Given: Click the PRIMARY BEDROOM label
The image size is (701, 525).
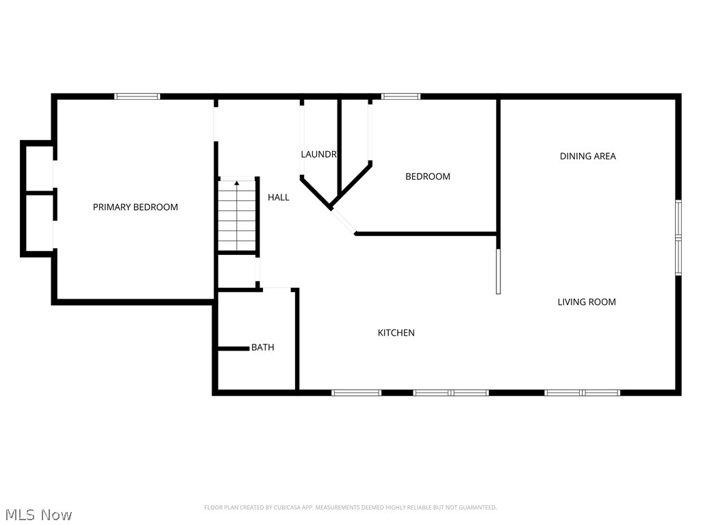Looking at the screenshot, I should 136,207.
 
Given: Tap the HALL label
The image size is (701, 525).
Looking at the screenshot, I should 279,198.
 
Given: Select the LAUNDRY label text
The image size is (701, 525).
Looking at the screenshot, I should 319,154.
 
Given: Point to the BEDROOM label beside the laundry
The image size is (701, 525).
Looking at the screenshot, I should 428,176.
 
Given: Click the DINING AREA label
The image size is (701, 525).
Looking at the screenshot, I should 588,156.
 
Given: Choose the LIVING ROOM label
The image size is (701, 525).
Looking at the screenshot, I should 587,301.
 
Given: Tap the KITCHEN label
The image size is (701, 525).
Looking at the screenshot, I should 396,333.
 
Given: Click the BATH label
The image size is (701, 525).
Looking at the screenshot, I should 263,347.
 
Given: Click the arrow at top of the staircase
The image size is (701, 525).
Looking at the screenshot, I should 237,183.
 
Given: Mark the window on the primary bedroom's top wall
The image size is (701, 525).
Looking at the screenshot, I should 138,96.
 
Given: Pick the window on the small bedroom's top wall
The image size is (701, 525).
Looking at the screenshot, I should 401,96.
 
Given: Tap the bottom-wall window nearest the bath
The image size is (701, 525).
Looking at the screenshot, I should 357,392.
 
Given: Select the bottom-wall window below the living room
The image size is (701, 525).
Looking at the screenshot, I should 583,392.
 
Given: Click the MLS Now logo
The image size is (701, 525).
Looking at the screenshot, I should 38,514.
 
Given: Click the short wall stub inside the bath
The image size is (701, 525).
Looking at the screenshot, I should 233,349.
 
